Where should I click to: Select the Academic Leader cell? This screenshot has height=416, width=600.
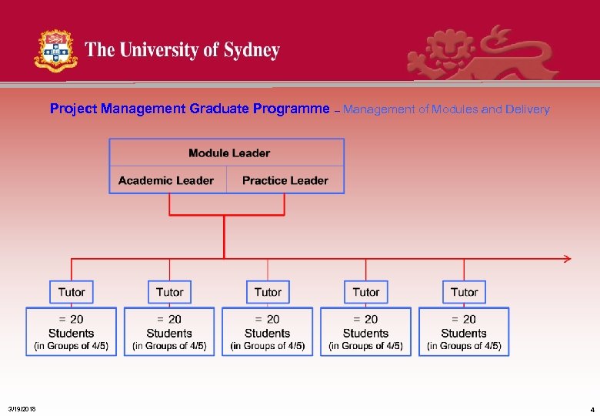[x=166, y=180]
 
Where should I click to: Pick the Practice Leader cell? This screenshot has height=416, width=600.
[x=285, y=180]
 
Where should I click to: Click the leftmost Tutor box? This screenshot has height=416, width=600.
[x=72, y=292]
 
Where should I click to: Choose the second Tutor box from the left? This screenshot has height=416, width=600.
[x=169, y=292]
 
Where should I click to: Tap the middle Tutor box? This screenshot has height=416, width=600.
[x=268, y=292]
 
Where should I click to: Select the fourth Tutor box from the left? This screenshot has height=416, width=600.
[x=365, y=292]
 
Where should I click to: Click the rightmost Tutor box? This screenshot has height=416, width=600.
[x=464, y=292]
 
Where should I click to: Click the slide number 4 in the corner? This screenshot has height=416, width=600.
[x=592, y=409]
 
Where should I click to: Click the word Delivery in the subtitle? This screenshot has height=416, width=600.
[x=528, y=109]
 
